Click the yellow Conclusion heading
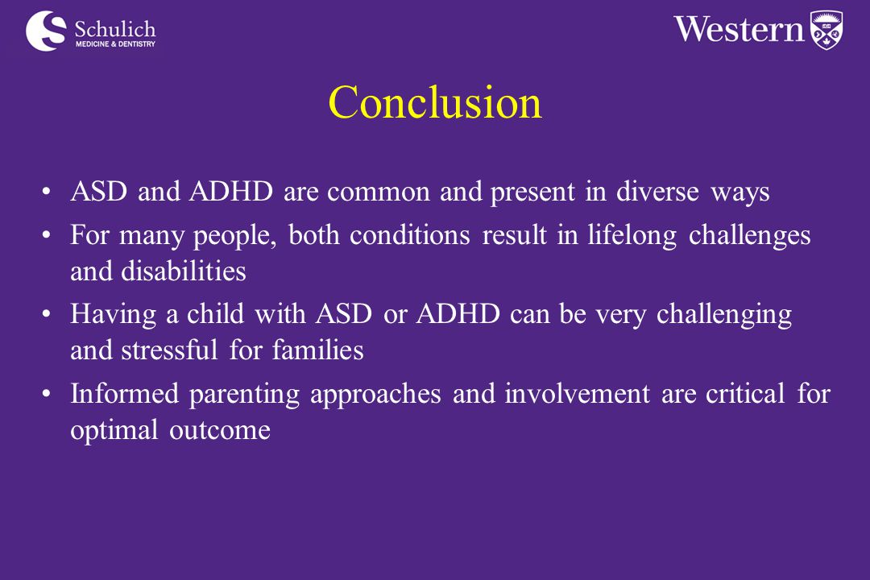pos(435,102)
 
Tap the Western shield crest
pos(826,31)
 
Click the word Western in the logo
pos(739,29)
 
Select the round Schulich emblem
pos(46,31)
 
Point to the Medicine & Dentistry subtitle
pos(115,43)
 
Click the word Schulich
pos(115,29)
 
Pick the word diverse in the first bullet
pos(657,192)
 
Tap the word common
pos(379,193)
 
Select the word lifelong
pos(632,235)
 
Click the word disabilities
pos(184,271)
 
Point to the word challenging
pos(724,315)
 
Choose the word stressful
pos(170,350)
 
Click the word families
pos(318,350)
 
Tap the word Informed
pos(124,393)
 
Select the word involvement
pos(577,393)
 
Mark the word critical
pos(745,393)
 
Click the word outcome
pos(220,431)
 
